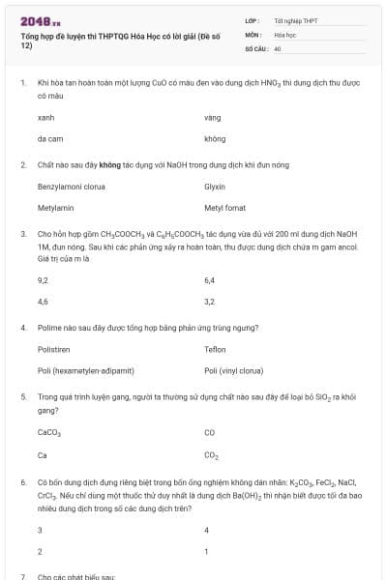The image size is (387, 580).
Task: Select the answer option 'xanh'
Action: (45, 117)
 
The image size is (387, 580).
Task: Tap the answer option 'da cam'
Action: (49, 138)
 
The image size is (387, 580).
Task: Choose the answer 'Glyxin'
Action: (215, 186)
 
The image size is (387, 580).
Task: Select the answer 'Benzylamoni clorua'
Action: (71, 186)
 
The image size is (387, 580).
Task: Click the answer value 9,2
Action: (43, 279)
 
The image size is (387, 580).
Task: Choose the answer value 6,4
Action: (210, 279)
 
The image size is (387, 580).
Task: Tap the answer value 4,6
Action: (43, 302)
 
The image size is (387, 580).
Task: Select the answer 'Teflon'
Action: (215, 349)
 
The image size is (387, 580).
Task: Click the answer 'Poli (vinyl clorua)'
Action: (233, 370)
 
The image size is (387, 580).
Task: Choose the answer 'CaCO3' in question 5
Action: (49, 432)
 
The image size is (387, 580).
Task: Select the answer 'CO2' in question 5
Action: (211, 454)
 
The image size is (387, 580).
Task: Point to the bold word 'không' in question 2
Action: (123, 164)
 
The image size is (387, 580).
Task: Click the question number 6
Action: (22, 480)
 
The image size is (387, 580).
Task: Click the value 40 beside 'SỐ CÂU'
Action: (278, 47)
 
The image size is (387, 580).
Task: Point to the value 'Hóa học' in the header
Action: (284, 33)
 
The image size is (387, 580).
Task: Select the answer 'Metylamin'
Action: (55, 207)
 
